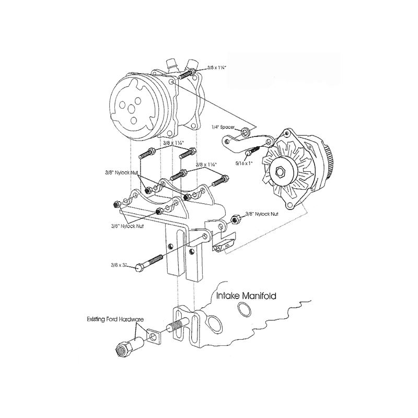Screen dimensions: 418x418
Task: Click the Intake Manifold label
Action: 246,296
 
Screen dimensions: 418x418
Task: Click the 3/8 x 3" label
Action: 119,265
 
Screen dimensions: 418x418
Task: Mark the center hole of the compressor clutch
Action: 129,108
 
